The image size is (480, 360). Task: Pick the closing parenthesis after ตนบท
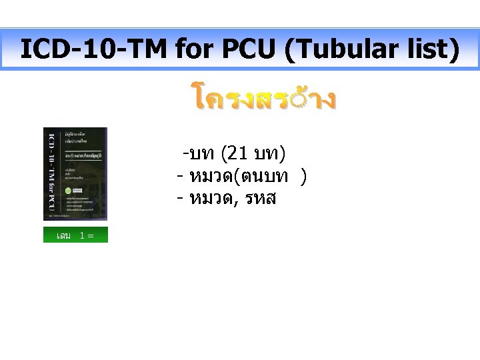(303, 177)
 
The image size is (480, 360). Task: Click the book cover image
(75, 173)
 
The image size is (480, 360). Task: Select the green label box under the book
(75, 235)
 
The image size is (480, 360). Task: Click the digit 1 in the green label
(82, 235)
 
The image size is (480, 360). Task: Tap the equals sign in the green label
(90, 235)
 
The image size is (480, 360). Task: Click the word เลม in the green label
(64, 235)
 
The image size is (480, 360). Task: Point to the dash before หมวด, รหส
(180, 198)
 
